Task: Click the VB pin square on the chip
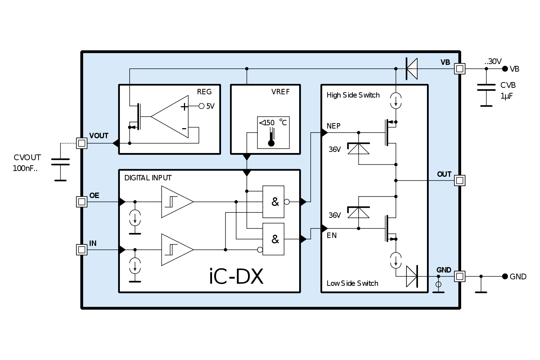click(459, 68)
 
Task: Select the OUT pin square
click(459, 180)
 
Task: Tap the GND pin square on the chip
click(459, 276)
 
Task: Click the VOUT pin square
click(82, 143)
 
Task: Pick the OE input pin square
click(82, 202)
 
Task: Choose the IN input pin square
click(82, 249)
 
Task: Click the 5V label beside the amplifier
click(210, 106)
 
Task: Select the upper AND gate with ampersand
click(274, 202)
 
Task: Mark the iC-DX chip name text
click(236, 276)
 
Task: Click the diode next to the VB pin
click(411, 68)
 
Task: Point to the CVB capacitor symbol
click(486, 87)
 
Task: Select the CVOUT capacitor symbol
click(60, 162)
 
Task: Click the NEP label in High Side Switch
click(333, 126)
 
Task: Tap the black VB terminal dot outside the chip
click(505, 69)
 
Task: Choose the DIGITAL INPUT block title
click(148, 178)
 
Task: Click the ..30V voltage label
click(493, 62)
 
